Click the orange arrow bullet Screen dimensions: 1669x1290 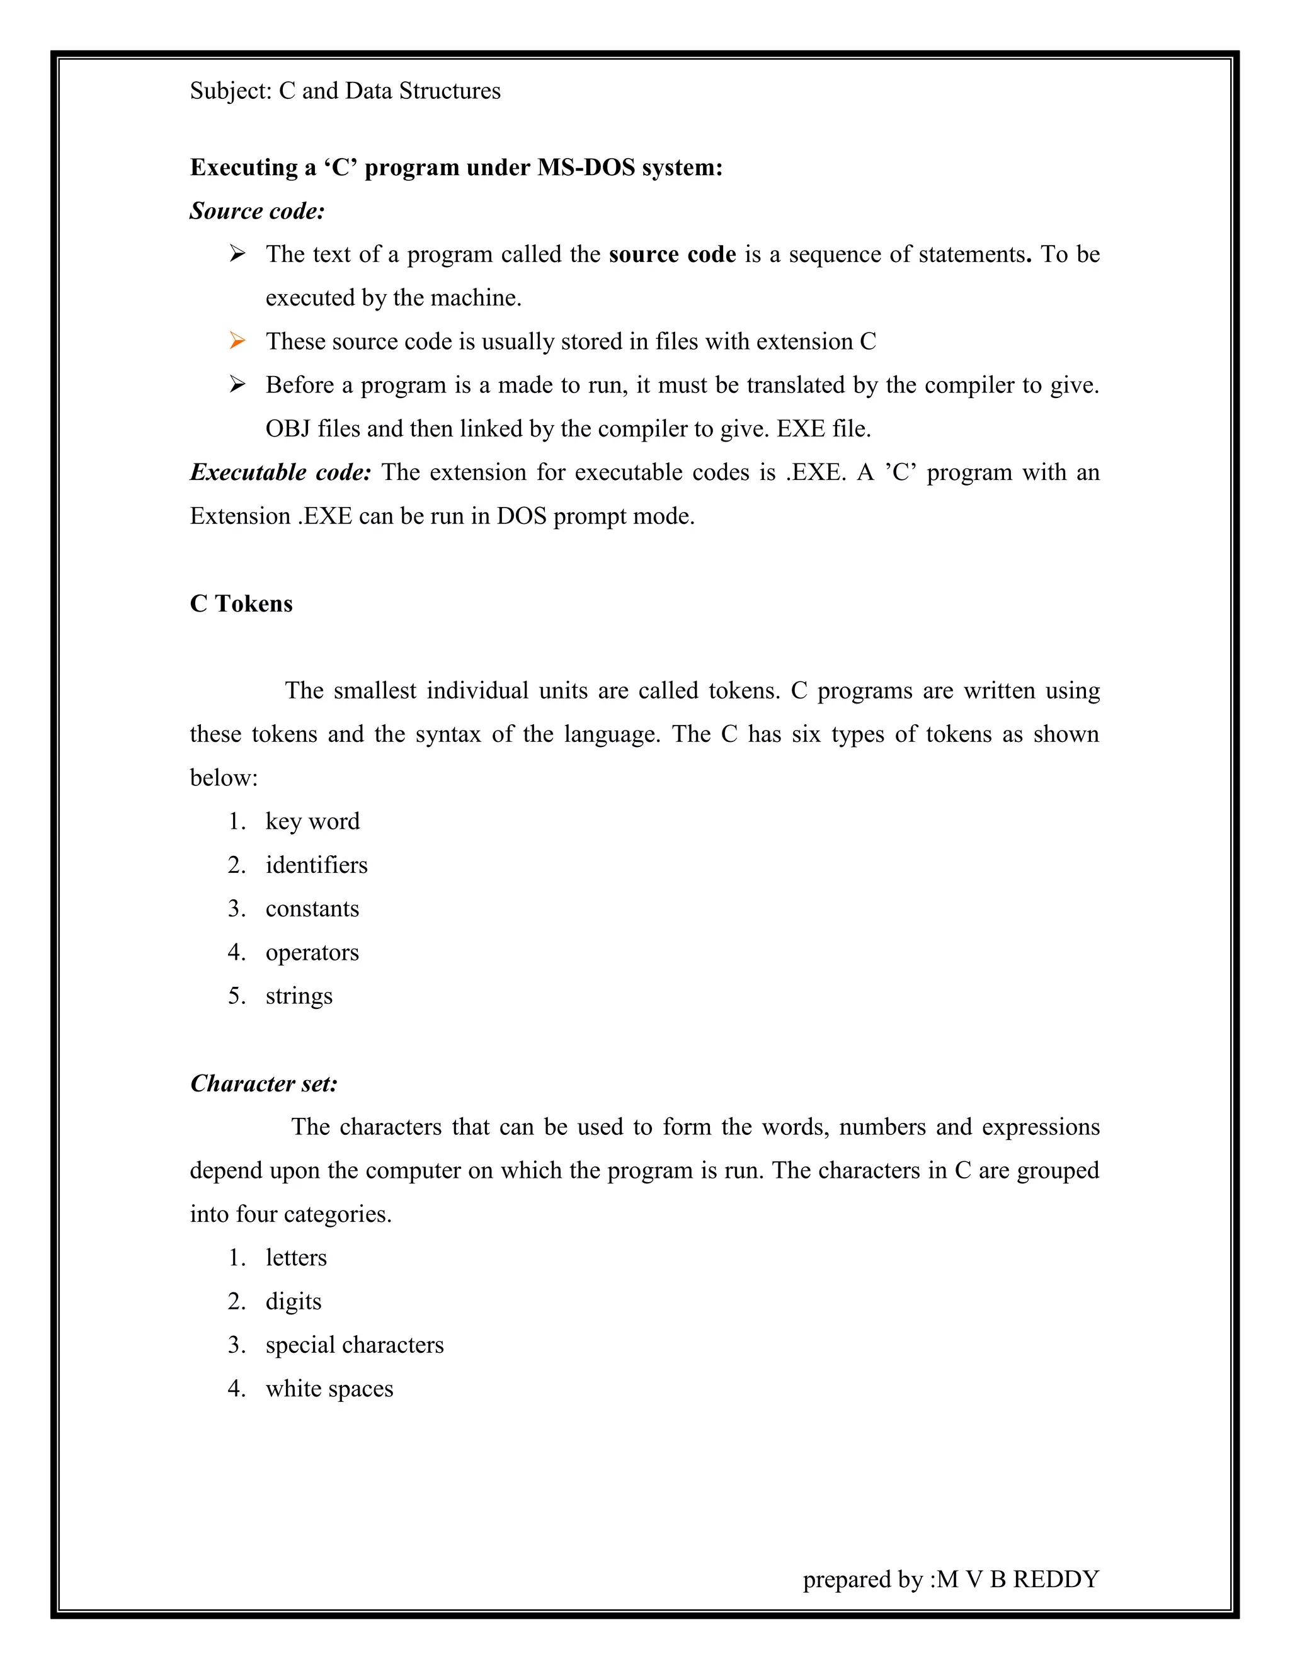[x=237, y=341]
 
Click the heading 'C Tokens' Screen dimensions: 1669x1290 [x=241, y=604]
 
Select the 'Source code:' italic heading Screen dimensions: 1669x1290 [x=258, y=211]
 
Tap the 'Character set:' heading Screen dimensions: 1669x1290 [x=264, y=1084]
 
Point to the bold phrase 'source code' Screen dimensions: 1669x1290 [x=673, y=254]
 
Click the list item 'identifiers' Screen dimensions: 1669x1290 [x=316, y=865]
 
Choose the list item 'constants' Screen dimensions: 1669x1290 [x=312, y=909]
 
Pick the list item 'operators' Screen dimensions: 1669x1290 [x=312, y=953]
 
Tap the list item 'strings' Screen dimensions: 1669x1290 [x=299, y=996]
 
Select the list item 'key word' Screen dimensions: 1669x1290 [x=312, y=821]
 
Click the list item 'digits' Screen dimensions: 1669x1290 [x=294, y=1301]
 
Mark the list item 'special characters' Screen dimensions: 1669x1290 [x=355, y=1345]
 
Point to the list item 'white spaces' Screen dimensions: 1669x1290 [x=329, y=1389]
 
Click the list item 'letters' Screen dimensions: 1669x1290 [x=296, y=1258]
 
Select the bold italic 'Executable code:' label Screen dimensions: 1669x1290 [x=280, y=472]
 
